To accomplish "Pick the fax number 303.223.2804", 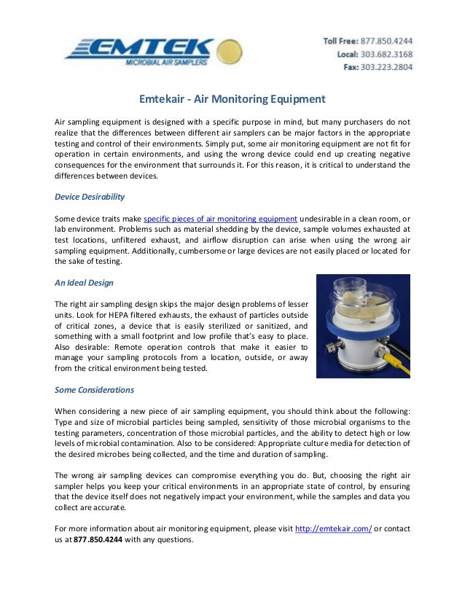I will tap(386, 67).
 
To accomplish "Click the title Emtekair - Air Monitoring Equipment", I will tap(232, 99).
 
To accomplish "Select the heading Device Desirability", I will tap(90, 197).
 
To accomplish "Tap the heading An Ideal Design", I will tap(84, 282).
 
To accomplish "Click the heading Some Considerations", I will tap(94, 389).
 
